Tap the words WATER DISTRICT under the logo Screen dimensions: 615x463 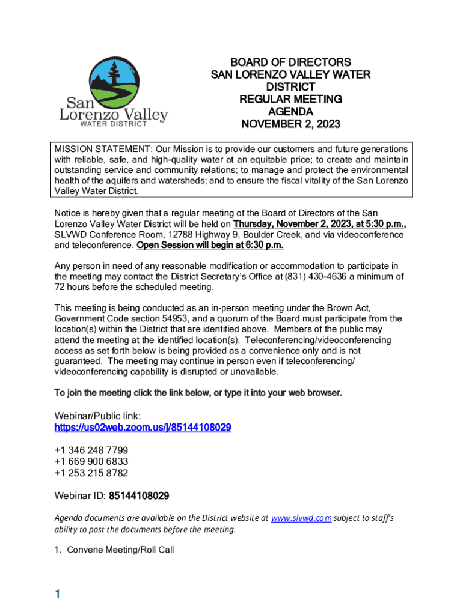coord(114,124)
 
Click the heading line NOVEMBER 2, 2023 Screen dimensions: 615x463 coord(290,124)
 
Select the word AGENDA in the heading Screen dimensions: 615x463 coord(290,112)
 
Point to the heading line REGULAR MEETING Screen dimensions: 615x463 coord(290,99)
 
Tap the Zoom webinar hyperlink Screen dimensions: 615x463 coord(143,428)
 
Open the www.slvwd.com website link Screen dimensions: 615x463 coord(301,518)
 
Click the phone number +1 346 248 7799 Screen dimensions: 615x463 coord(91,450)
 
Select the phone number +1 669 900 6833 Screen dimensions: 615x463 coord(91,462)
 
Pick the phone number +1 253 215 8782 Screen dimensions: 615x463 coord(91,473)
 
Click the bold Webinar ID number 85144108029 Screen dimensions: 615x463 coord(140,496)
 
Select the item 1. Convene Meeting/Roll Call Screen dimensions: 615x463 coord(114,550)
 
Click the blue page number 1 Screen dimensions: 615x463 coord(58,595)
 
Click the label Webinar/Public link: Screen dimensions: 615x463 coord(97,416)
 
